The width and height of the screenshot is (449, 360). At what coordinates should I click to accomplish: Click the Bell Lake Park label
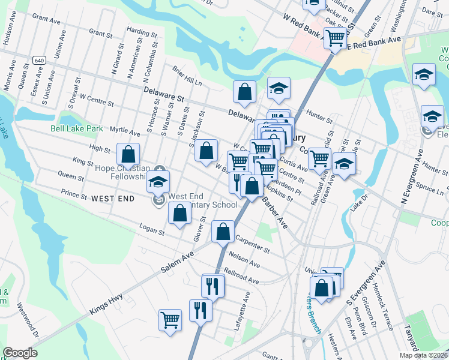pyautogui.click(x=77, y=128)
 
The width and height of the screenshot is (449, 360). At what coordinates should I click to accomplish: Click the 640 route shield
pyautogui.click(x=40, y=61)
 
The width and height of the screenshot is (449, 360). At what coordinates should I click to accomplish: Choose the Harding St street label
pyautogui.click(x=142, y=32)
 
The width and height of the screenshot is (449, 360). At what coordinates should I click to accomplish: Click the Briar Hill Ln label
pyautogui.click(x=187, y=75)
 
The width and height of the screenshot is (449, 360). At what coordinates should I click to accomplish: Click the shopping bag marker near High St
pyautogui.click(x=128, y=154)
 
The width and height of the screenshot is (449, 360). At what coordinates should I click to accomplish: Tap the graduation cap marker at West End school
pyautogui.click(x=158, y=181)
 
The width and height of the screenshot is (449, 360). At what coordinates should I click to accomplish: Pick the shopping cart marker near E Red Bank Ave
pyautogui.click(x=336, y=38)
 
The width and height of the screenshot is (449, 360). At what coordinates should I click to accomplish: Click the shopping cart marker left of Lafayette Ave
pyautogui.click(x=170, y=319)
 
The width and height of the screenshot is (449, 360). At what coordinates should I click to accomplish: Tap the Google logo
pyautogui.click(x=20, y=353)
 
